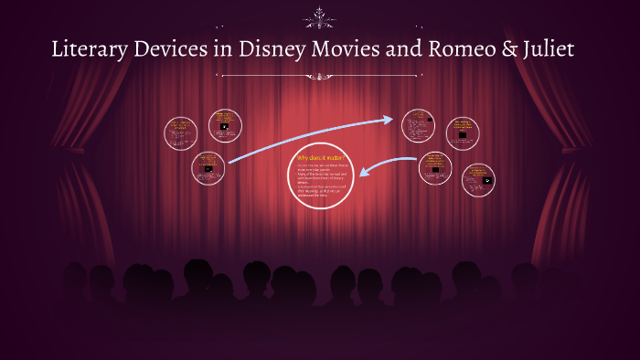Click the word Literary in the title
[89, 50]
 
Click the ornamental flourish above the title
[320, 16]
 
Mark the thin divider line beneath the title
[320, 75]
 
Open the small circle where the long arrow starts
[209, 167]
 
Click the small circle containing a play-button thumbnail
[479, 180]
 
